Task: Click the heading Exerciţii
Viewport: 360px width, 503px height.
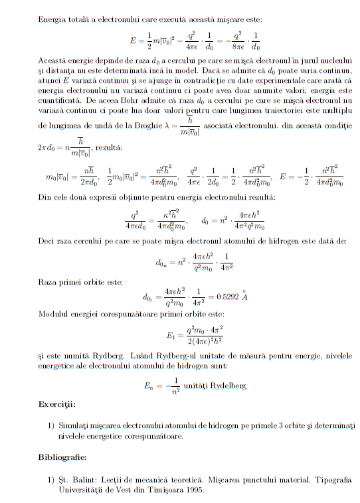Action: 56,403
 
